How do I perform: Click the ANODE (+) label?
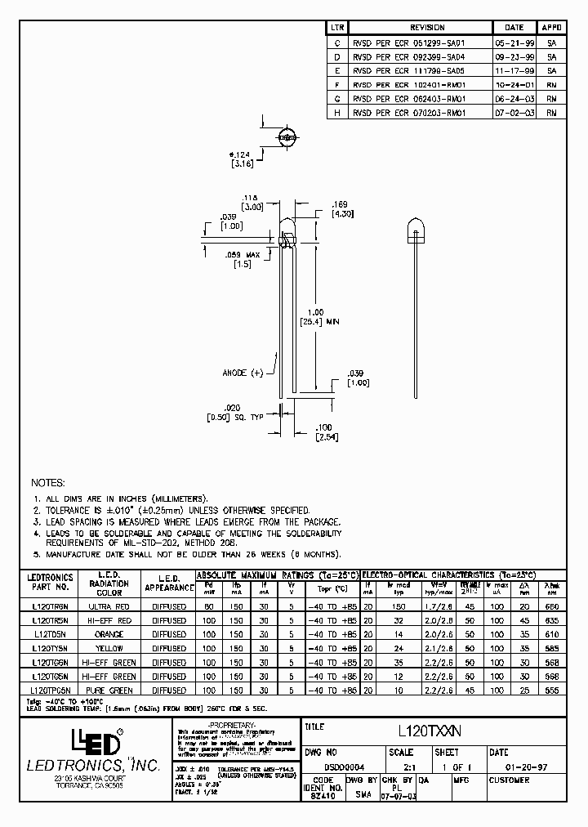(x=244, y=373)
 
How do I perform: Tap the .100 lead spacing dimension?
(x=325, y=427)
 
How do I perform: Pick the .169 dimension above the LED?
(x=341, y=204)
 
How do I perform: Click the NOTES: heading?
(x=47, y=483)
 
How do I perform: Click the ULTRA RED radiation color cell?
(x=109, y=607)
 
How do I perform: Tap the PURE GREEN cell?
(x=109, y=691)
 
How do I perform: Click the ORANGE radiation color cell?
(x=109, y=634)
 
